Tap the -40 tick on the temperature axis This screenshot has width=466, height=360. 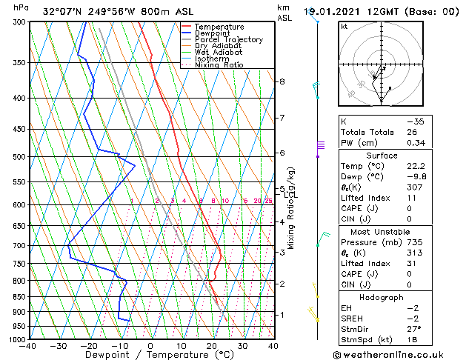coord(29,346)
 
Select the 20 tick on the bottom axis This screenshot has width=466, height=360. coord(211,346)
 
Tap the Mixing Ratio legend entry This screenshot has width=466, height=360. coord(219,65)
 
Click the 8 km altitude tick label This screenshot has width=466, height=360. coord(282,81)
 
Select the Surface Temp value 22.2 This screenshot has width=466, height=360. coord(415,167)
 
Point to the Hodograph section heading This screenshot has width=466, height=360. coord(382,297)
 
